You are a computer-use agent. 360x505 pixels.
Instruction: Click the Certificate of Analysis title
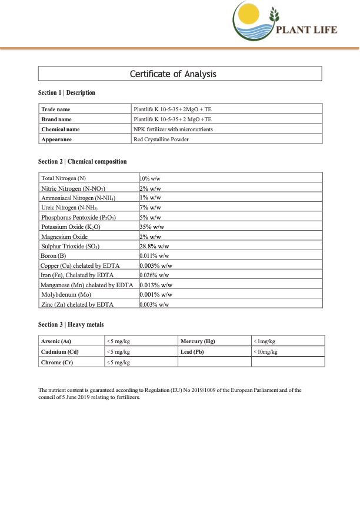click(x=181, y=74)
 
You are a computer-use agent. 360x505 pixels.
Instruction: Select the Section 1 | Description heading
click(x=66, y=93)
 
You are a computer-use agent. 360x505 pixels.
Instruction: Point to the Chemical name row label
click(x=61, y=129)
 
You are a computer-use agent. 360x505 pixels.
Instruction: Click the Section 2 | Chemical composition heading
click(x=82, y=161)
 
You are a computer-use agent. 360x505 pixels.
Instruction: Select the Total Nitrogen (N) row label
click(x=64, y=178)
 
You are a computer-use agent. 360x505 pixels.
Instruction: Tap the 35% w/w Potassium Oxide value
click(x=151, y=226)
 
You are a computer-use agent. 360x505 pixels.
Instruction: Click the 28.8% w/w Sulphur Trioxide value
click(x=155, y=245)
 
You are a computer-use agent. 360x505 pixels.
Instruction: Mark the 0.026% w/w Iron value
click(x=154, y=275)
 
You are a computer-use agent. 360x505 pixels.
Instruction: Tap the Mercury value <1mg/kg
click(x=264, y=341)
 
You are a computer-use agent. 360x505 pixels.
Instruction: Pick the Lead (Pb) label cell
click(x=195, y=351)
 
